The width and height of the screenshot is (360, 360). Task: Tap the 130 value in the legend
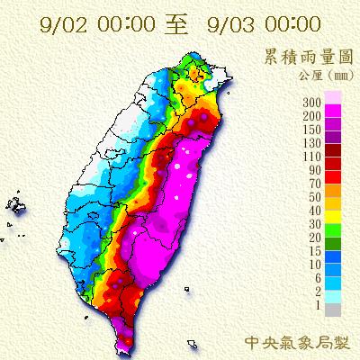pyautogui.click(x=315, y=142)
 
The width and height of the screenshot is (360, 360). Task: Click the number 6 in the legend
pyautogui.click(x=320, y=280)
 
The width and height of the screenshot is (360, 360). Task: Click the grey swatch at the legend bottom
pyautogui.click(x=335, y=309)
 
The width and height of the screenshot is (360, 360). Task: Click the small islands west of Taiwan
pyautogui.click(x=19, y=206)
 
